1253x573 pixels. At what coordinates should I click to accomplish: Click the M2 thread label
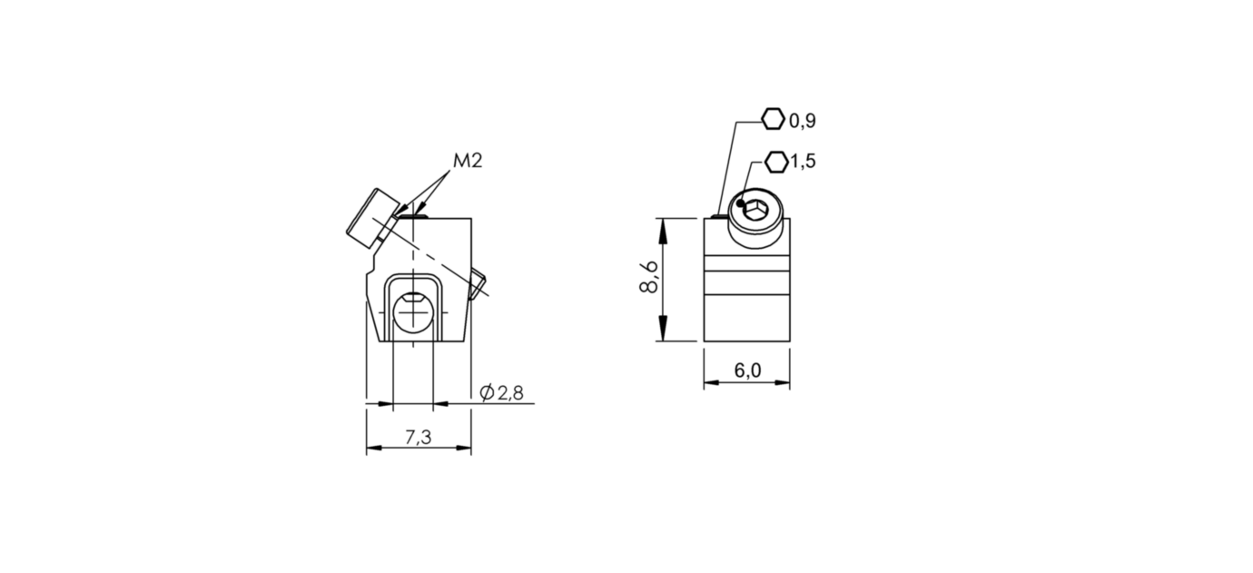pyautogui.click(x=467, y=161)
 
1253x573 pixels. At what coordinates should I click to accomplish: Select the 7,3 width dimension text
pyautogui.click(x=418, y=438)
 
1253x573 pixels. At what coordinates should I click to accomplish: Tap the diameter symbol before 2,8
pyautogui.click(x=486, y=393)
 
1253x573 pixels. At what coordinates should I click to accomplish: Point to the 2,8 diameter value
pyautogui.click(x=510, y=393)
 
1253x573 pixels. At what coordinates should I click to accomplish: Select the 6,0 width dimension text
pyautogui.click(x=747, y=370)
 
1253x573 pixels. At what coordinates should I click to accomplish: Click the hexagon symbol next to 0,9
pyautogui.click(x=772, y=119)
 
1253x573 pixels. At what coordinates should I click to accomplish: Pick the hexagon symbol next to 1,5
pyautogui.click(x=776, y=162)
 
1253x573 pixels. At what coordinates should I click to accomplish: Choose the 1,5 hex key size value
pyautogui.click(x=804, y=162)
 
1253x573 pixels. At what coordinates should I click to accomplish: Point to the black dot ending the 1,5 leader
pyautogui.click(x=741, y=203)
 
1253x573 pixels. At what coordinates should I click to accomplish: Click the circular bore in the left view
pyautogui.click(x=414, y=313)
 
